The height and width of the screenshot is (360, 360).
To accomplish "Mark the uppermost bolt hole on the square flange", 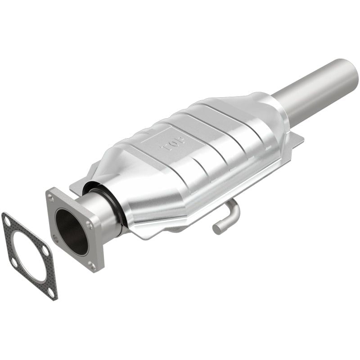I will [50, 197].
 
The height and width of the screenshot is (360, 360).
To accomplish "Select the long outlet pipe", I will [315, 90].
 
